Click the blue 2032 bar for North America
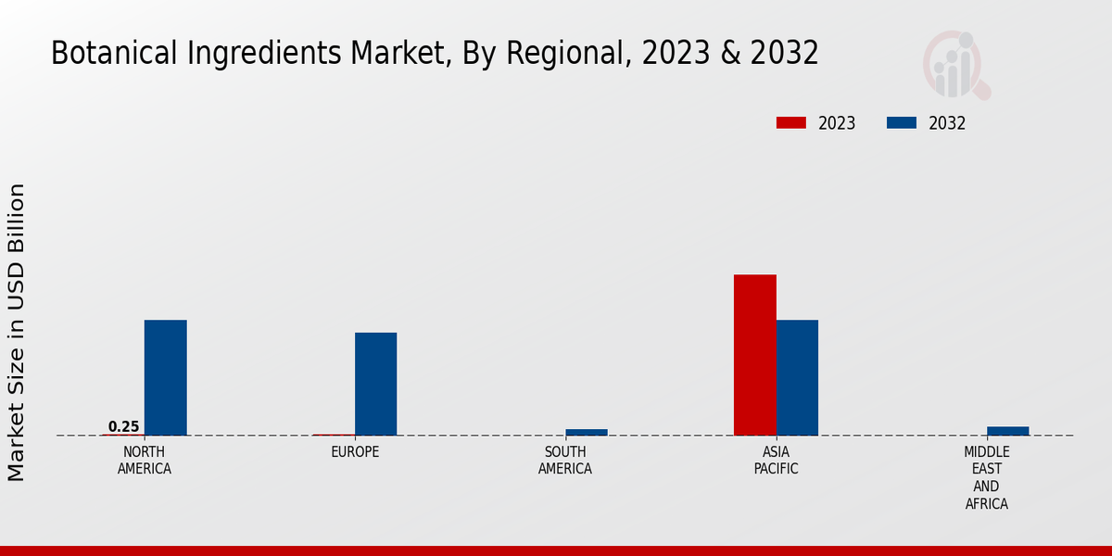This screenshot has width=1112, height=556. pos(165,377)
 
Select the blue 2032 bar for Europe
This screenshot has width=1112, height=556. pos(375,384)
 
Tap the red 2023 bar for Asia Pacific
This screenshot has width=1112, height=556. pos(754,355)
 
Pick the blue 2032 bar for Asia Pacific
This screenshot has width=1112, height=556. pos(797,377)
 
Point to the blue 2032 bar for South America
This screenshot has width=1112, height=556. pos(587,432)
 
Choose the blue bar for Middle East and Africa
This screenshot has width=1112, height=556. pos(1007,431)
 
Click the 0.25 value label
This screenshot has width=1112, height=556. pos(123,427)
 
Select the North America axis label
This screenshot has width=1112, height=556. pos(145,461)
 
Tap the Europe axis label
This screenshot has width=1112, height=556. pos(355,452)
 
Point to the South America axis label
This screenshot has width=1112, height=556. pos(565,461)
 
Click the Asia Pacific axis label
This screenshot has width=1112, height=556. pos(777,461)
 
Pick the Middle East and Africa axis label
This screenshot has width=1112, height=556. pos(987,478)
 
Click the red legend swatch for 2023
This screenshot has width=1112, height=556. pos(791,123)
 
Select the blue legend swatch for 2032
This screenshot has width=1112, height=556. pos(902,123)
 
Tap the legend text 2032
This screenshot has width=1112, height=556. pos(947,123)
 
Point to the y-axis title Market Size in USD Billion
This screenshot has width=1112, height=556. pos(17,332)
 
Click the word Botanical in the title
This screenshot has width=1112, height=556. pos(103,54)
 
